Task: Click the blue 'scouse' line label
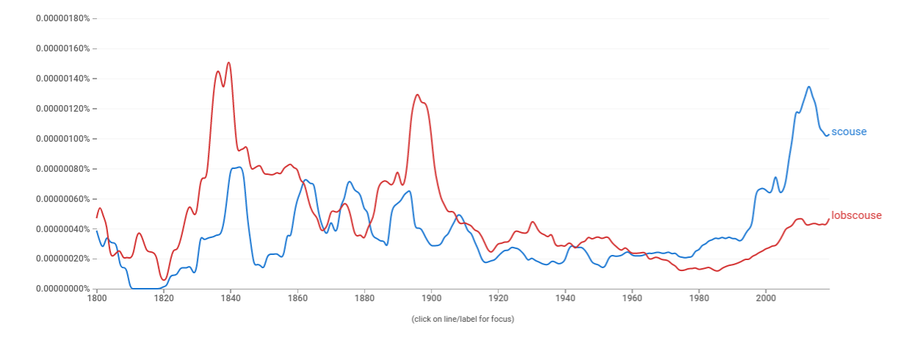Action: (x=849, y=132)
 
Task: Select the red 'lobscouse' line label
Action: (x=856, y=215)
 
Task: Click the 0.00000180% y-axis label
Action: (x=62, y=18)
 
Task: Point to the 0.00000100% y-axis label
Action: (x=62, y=139)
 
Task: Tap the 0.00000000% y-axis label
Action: (x=62, y=289)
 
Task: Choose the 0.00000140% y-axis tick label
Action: (x=62, y=79)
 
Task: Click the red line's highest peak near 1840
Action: (x=228, y=62)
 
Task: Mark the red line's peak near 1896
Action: (x=417, y=95)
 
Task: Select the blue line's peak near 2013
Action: (x=809, y=87)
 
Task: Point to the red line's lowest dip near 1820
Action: (x=163, y=280)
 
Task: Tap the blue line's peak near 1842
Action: (x=238, y=167)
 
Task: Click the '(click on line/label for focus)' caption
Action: (x=462, y=319)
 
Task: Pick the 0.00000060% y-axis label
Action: (x=62, y=199)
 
